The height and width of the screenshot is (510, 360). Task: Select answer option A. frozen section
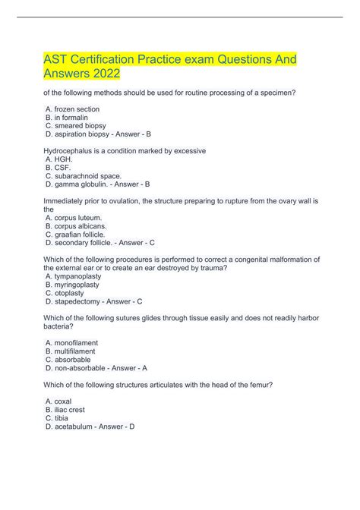72,109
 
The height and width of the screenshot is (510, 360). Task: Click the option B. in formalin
67,118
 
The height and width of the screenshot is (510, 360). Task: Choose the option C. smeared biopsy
76,126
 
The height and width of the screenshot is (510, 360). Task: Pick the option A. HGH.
59,159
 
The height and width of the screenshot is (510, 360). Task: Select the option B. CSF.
58,168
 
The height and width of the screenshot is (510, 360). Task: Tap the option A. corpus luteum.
74,218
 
